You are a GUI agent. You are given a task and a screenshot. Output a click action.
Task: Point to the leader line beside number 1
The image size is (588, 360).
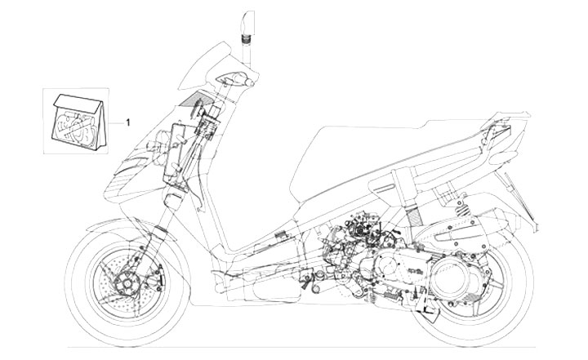pyautogui.click(x=116, y=122)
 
